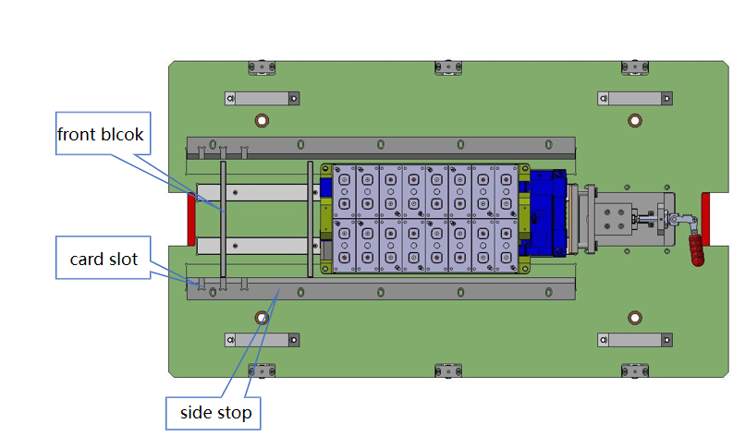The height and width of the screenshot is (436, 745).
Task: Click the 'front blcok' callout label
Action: tap(101, 135)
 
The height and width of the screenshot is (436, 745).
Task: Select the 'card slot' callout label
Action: tap(104, 260)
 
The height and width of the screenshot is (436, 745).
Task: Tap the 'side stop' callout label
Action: tap(209, 412)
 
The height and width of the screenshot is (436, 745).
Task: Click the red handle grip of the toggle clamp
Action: tap(696, 248)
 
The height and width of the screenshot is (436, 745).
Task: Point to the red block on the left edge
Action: tap(192, 220)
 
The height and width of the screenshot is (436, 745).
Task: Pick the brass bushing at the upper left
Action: tap(262, 120)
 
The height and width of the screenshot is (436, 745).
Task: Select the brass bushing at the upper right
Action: tap(634, 120)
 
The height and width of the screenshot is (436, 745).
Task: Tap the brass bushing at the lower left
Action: tap(262, 318)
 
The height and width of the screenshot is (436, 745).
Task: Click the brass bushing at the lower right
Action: tap(634, 318)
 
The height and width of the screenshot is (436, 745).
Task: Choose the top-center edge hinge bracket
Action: tap(446, 67)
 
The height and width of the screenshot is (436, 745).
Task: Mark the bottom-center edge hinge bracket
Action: tap(446, 370)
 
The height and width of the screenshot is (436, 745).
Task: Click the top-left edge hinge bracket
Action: tap(261, 67)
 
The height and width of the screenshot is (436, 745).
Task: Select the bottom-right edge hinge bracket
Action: tap(634, 370)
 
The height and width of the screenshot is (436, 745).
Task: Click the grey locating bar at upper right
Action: tap(634, 99)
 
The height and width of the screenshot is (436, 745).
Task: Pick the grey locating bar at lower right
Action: tap(634, 340)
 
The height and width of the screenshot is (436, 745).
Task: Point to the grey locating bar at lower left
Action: tap(262, 340)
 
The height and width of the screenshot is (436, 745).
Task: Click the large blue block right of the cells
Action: tap(548, 214)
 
